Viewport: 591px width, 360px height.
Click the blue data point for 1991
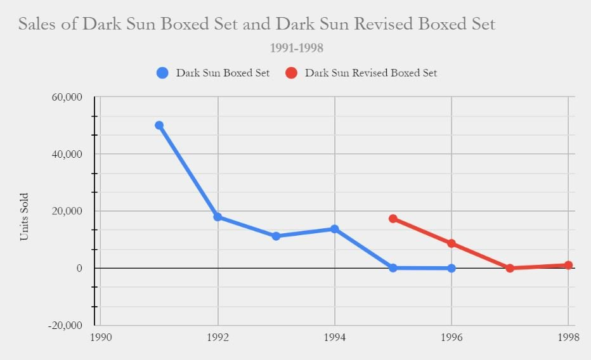pyautogui.click(x=159, y=125)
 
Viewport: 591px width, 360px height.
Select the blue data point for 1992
pyautogui.click(x=218, y=217)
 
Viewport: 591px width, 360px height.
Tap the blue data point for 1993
pyautogui.click(x=276, y=236)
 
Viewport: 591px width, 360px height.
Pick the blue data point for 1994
pyautogui.click(x=334, y=229)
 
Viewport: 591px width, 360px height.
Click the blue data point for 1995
pyautogui.click(x=393, y=268)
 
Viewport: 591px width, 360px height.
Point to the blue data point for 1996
pyautogui.click(x=451, y=268)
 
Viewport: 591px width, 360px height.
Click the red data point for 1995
pyautogui.click(x=393, y=219)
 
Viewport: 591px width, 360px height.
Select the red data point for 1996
pyautogui.click(x=451, y=243)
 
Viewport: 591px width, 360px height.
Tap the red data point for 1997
pyautogui.click(x=510, y=268)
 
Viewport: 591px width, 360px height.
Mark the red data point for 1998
pyautogui.click(x=568, y=266)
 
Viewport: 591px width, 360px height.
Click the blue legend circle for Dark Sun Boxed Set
pyautogui.click(x=162, y=73)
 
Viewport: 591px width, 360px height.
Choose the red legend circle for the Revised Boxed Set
pyautogui.click(x=291, y=73)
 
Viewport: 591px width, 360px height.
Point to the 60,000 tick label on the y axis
pyautogui.click(x=67, y=97)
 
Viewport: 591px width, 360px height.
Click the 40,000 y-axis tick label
pyautogui.click(x=67, y=154)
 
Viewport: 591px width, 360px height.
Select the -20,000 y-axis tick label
pyautogui.click(x=65, y=325)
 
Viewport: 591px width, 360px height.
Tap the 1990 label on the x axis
pyautogui.click(x=101, y=337)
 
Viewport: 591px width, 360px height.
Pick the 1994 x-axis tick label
pyautogui.click(x=334, y=337)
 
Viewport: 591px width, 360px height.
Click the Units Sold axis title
pyautogui.click(x=24, y=217)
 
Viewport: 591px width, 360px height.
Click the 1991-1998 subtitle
pyautogui.click(x=296, y=48)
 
